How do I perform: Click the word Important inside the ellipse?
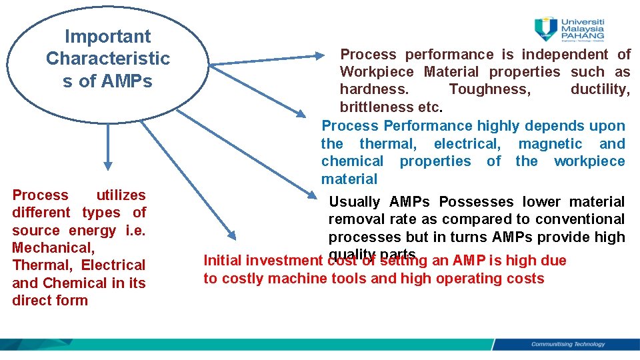pyautogui.click(x=107, y=37)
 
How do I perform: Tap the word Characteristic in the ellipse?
pyautogui.click(x=107, y=59)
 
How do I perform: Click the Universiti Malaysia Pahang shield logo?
pyautogui.click(x=546, y=29)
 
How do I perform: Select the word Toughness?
pyautogui.click(x=490, y=89)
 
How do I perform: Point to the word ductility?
pyautogui.click(x=600, y=89)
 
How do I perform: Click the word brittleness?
pyautogui.click(x=377, y=107)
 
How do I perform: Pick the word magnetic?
pyautogui.click(x=550, y=143)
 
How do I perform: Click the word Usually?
pyautogui.click(x=355, y=202)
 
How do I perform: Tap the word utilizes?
pyautogui.click(x=121, y=195)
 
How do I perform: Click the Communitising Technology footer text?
pyautogui.click(x=567, y=345)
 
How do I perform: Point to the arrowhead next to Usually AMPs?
pyautogui.click(x=314, y=195)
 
